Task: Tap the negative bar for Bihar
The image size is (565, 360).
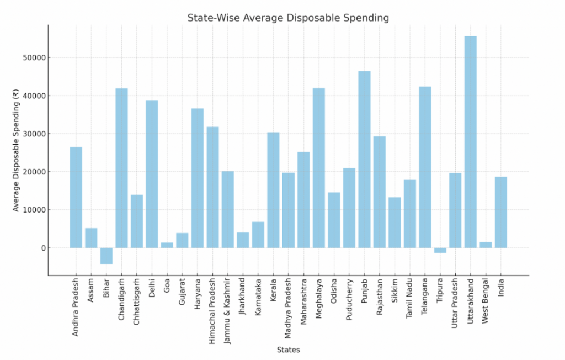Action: (106, 256)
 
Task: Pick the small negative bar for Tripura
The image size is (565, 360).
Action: (440, 250)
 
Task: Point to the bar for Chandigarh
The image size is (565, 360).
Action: (121, 168)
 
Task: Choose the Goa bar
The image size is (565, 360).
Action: (167, 245)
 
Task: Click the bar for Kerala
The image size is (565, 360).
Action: (273, 190)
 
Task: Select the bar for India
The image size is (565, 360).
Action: (500, 212)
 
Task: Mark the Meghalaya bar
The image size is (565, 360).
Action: (318, 168)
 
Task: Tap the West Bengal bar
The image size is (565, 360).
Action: (486, 245)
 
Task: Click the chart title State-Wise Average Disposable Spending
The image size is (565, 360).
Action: (288, 18)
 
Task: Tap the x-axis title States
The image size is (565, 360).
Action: (288, 350)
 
